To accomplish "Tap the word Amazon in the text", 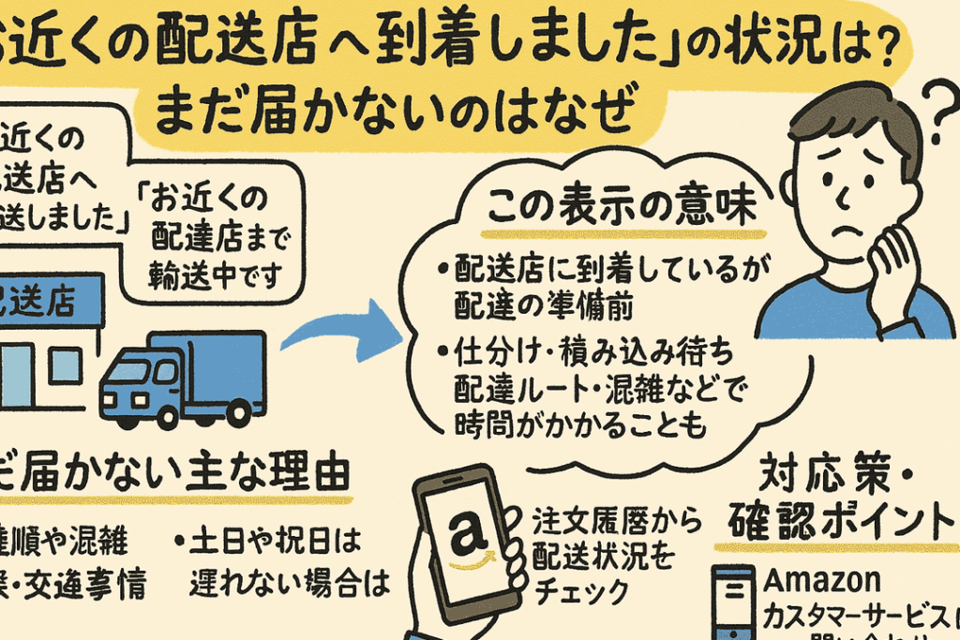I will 822,580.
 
